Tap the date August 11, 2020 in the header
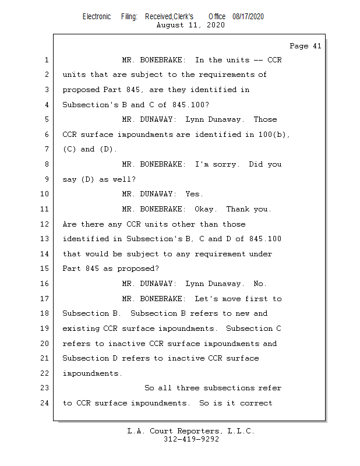(190, 25)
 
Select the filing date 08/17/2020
(248, 16)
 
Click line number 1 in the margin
(46, 60)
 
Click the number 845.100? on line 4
(190, 105)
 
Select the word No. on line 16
(260, 284)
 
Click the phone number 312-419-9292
(191, 439)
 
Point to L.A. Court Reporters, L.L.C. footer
(191, 431)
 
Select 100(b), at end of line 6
(274, 135)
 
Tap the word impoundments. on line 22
(92, 373)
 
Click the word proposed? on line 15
(137, 269)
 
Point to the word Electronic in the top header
(97, 16)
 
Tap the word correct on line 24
(256, 403)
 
